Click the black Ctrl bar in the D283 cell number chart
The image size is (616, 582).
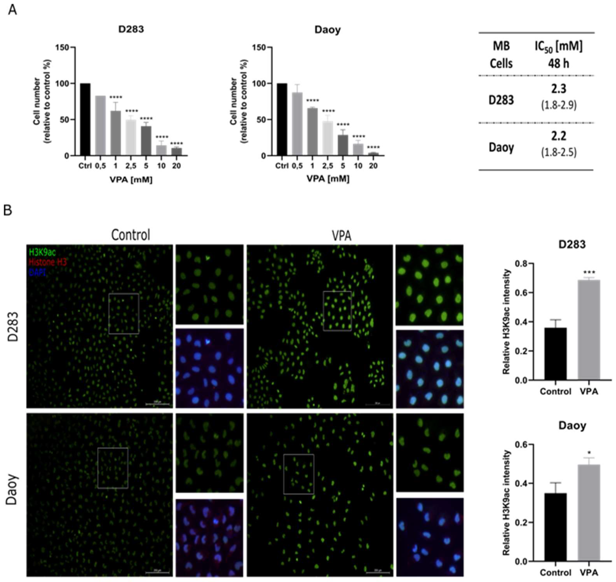pyautogui.click(x=85, y=119)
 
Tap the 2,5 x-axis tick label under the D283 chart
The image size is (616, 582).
pyautogui.click(x=131, y=166)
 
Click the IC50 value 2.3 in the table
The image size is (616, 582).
pyautogui.click(x=559, y=89)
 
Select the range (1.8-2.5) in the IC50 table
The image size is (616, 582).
pyautogui.click(x=559, y=152)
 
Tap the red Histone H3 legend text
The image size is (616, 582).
pyautogui.click(x=47, y=262)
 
